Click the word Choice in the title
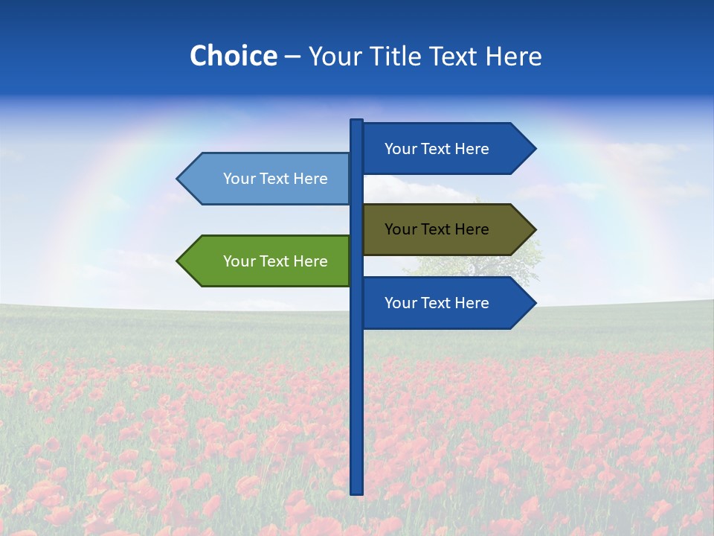point(233,56)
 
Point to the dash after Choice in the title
point(292,57)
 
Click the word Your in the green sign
point(238,261)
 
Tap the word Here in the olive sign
point(471,229)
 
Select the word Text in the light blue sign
point(274,179)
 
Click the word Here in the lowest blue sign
point(471,303)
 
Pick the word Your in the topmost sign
point(399,149)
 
